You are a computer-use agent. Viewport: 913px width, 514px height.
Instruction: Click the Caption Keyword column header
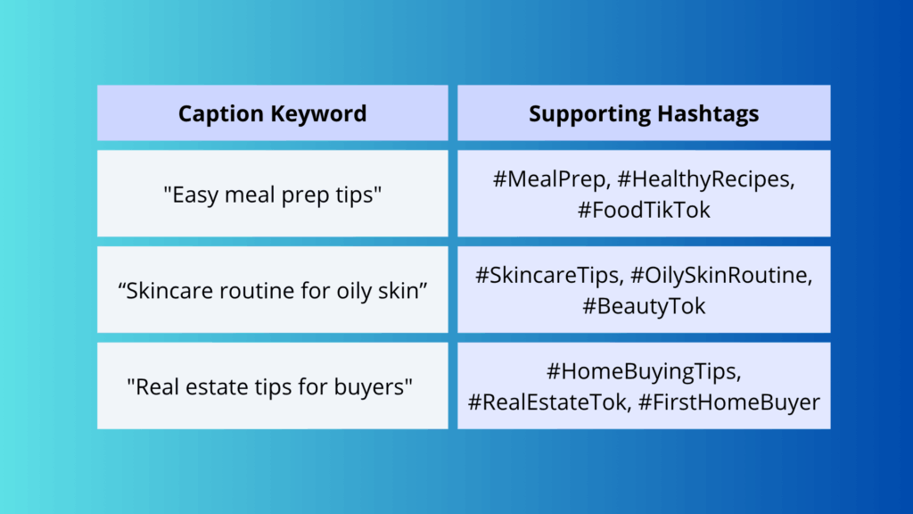pos(272,113)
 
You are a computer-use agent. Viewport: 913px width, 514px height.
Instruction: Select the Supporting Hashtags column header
pos(644,113)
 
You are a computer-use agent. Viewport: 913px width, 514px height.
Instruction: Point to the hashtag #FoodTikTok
pos(644,210)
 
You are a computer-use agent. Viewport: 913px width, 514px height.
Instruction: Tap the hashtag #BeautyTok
pos(644,306)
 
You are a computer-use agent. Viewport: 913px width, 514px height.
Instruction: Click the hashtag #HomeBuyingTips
pos(644,370)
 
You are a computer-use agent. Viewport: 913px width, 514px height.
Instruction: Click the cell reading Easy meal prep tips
pos(272,194)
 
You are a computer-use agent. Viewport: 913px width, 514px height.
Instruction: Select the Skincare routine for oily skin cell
pos(272,290)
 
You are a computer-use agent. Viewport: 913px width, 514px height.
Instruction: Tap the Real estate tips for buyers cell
pos(272,386)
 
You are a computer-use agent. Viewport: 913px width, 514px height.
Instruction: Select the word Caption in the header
pos(219,113)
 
